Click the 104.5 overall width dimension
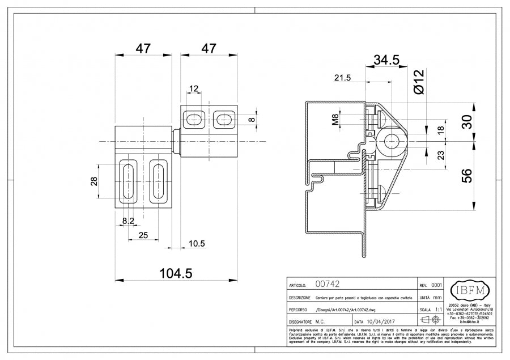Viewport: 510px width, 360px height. (176, 273)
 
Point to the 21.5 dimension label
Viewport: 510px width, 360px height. (343, 77)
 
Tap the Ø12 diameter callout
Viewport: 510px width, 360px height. (419, 82)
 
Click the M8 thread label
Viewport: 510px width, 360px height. (335, 120)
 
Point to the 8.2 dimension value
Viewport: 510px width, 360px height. (128, 220)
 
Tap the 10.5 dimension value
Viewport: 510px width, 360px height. (196, 243)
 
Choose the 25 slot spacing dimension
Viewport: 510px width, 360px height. (143, 235)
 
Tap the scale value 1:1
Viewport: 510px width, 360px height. (438, 310)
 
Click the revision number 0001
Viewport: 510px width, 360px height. (436, 285)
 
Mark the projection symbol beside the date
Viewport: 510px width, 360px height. (431, 321)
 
